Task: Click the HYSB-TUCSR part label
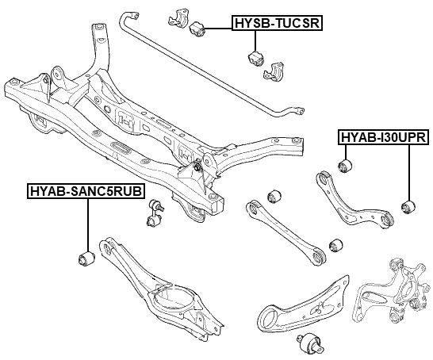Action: click(x=277, y=23)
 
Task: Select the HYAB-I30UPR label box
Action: click(x=384, y=137)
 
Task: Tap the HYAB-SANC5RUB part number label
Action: click(x=86, y=191)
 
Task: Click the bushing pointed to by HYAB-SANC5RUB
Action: click(x=86, y=259)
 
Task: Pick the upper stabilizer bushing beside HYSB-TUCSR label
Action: click(x=197, y=29)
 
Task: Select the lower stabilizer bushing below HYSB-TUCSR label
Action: click(x=256, y=59)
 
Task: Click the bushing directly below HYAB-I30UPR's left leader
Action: click(x=345, y=166)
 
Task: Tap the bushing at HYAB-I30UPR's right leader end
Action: click(x=408, y=207)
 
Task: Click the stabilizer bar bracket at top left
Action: click(x=178, y=19)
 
